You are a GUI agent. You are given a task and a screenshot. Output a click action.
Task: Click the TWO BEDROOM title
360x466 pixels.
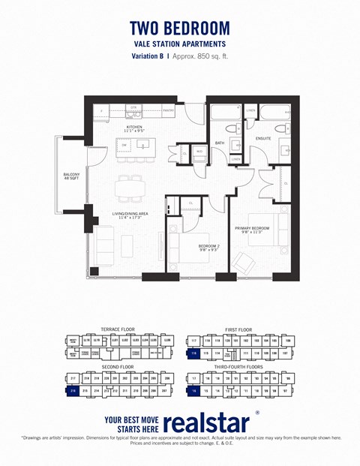[x=180, y=28]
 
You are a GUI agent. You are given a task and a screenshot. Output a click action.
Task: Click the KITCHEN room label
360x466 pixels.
[x=133, y=129]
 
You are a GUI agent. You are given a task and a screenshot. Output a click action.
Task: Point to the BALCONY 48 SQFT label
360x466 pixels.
[x=71, y=177]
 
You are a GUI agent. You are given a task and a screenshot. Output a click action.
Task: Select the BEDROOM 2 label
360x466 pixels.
[x=208, y=247]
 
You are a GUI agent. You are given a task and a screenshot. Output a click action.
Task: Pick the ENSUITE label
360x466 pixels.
[x=263, y=139]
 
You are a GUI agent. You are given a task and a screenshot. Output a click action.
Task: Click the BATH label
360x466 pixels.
[x=220, y=143]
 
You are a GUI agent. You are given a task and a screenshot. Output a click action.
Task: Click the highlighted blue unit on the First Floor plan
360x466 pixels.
[x=193, y=353]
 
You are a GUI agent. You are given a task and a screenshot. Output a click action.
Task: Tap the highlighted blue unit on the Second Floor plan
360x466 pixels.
[x=73, y=390]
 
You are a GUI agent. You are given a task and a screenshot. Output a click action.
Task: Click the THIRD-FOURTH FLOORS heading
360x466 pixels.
[x=241, y=367]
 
